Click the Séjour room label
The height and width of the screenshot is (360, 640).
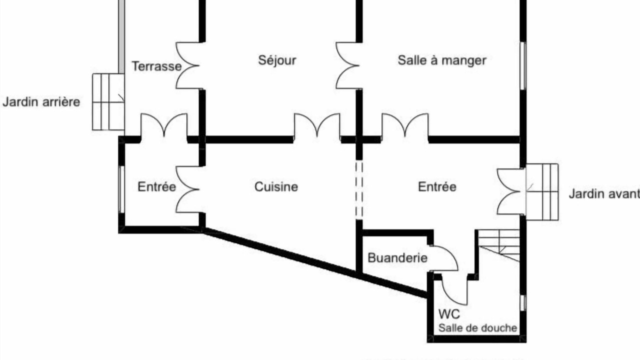(x=277, y=60)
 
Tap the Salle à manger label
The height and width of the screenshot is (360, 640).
(x=442, y=60)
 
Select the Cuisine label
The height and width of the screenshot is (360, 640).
(x=276, y=187)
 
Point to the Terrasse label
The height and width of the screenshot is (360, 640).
(x=156, y=66)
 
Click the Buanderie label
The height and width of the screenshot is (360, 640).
(x=397, y=258)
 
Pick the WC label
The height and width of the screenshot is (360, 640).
(x=449, y=314)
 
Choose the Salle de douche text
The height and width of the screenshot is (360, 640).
(x=477, y=328)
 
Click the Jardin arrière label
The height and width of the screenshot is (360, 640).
(x=41, y=102)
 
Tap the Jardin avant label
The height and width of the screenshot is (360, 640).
(x=604, y=194)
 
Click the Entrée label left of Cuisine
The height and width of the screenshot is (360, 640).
(x=156, y=187)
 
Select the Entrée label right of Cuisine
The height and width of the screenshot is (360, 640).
(x=437, y=187)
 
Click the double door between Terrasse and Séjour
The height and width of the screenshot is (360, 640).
(x=188, y=65)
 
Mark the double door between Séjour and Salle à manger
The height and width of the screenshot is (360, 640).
(x=348, y=65)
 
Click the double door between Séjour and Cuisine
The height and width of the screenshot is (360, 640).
(x=317, y=125)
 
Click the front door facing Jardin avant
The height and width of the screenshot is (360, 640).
(x=510, y=191)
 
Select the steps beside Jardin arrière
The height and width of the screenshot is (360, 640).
(x=107, y=102)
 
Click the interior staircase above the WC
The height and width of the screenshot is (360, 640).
(x=499, y=244)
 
